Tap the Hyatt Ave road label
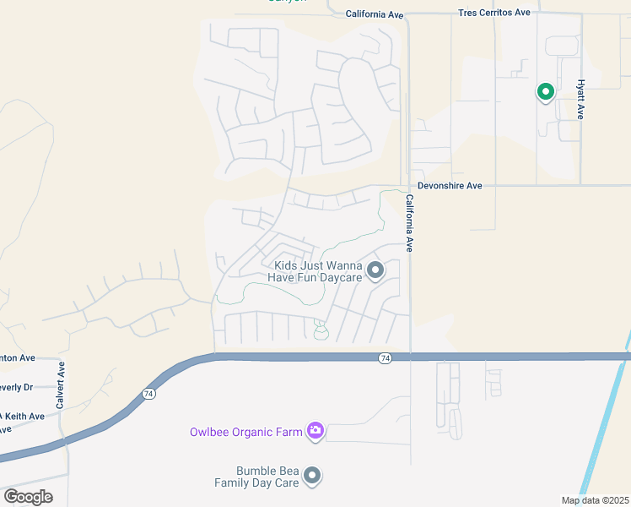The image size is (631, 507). pos(580,100)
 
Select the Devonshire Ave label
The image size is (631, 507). pos(450,185)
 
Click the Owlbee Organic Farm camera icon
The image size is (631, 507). pos(315,432)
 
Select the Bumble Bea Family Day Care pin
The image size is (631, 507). pos(312,477)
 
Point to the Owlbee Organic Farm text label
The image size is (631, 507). pos(245,432)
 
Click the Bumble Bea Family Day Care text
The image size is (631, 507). pos(256,477)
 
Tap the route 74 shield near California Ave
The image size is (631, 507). pos(385,358)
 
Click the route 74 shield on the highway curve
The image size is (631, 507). pos(148,394)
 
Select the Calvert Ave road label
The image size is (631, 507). pos(61,386)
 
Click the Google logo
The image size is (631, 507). pos(28,496)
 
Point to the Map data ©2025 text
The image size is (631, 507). pos(595,500)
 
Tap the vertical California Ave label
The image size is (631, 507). pos(409,224)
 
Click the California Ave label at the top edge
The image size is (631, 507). pos(375,14)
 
